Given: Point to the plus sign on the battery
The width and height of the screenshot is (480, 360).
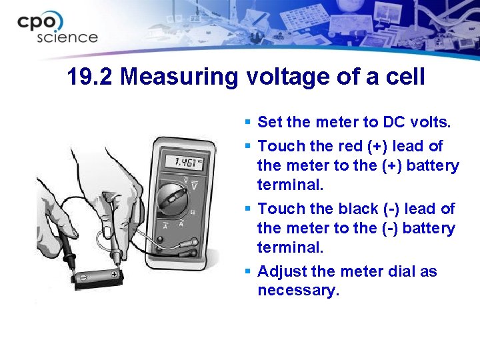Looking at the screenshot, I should point(115,274).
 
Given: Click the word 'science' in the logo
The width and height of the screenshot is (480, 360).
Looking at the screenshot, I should point(67,37).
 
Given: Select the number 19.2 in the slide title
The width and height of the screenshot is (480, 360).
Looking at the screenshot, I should point(91,77).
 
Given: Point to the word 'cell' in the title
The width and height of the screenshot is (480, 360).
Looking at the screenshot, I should point(403,77).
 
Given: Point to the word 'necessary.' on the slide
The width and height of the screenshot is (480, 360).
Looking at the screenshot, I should point(298,291).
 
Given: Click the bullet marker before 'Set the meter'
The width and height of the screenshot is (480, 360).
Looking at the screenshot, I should point(247,123).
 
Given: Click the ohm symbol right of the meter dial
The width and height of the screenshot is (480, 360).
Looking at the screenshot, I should point(192,212).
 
